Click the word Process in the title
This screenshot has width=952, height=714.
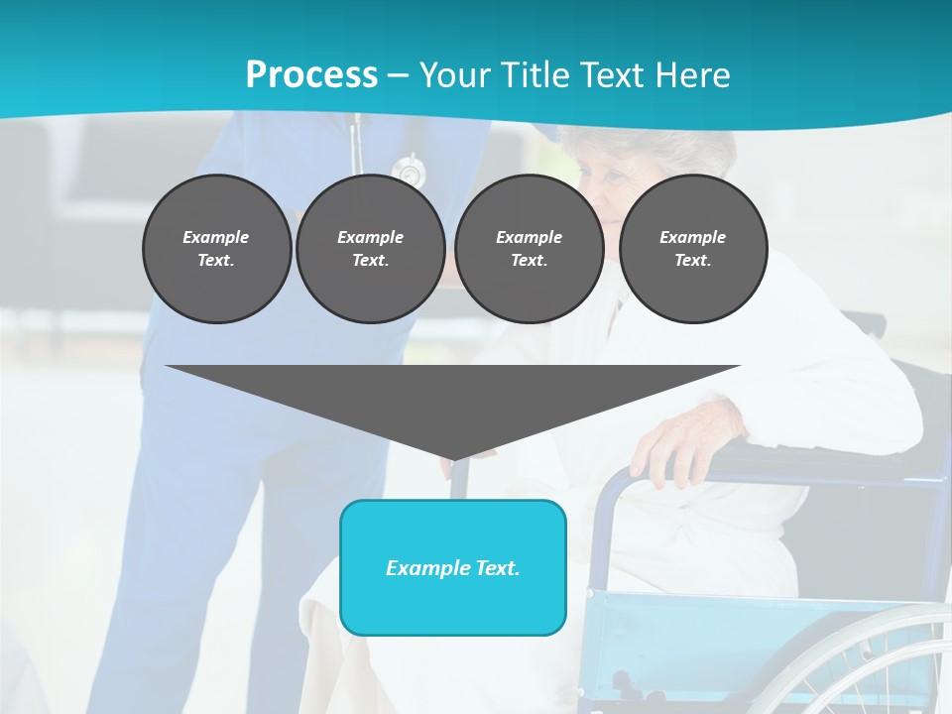click(x=311, y=75)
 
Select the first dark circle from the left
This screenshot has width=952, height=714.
click(x=216, y=249)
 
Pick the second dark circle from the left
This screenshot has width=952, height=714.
click(x=370, y=249)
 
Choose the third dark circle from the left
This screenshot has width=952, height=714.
click(x=529, y=249)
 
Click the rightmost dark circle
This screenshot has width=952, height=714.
click(x=692, y=249)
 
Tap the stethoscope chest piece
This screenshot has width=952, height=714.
click(x=409, y=171)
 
